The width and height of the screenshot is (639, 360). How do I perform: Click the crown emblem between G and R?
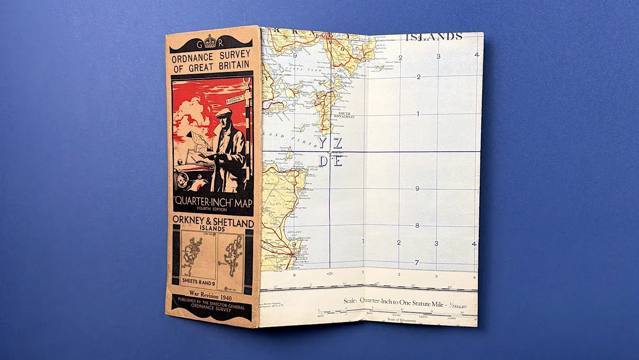210,42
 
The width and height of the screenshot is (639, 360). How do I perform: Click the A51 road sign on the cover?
230,101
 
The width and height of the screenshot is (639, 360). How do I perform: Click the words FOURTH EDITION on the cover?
212,209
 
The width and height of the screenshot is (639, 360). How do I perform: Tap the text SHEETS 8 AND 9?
199,282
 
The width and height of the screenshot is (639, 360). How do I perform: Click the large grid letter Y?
322,143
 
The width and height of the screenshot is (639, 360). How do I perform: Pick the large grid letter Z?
337,143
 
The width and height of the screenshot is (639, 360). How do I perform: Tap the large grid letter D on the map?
323,161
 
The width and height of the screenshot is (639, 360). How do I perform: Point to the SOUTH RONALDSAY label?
344,115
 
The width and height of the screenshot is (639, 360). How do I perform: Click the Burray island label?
345,83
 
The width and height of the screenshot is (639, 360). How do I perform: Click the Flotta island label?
305,92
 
